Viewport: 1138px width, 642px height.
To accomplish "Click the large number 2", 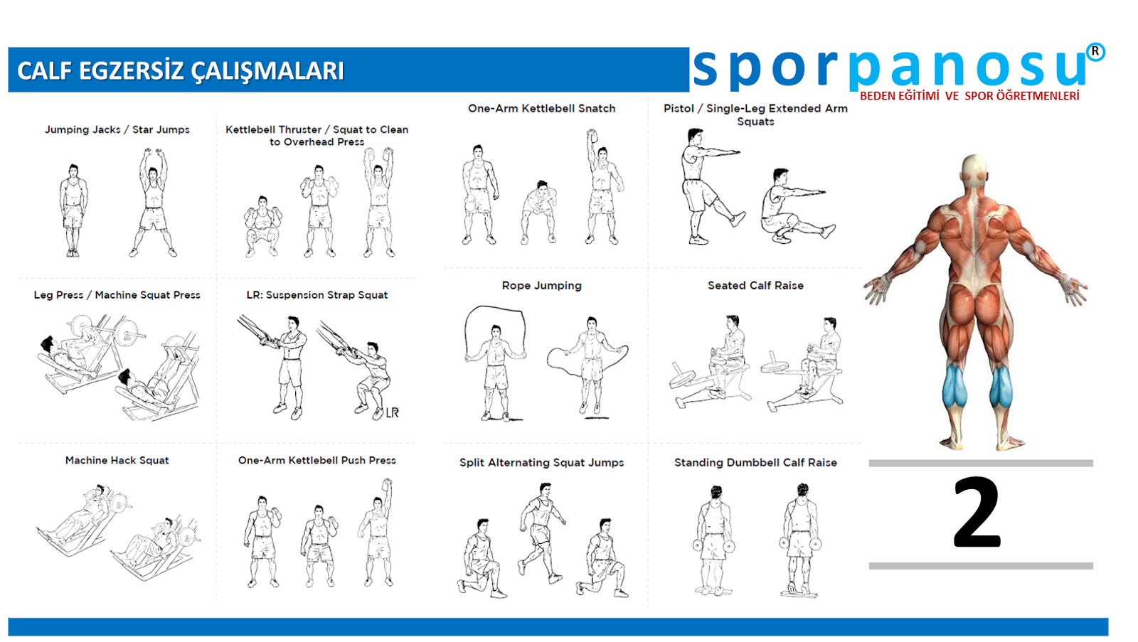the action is point(977,513).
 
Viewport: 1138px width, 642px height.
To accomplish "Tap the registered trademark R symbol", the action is point(1095,52).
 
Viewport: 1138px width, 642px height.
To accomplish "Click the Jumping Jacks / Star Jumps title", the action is point(117,129).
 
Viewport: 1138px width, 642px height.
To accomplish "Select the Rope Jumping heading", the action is point(541,285).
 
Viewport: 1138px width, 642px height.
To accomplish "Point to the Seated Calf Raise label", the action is point(755,285).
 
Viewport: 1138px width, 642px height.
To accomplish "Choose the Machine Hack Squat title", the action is point(117,460).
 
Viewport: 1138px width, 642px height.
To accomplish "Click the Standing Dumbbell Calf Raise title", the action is point(755,463).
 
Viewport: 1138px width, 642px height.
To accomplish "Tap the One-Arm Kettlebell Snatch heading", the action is point(541,108).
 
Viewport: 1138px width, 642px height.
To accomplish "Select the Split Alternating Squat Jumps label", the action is point(541,463).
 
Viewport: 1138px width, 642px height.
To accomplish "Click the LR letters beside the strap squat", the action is point(392,412).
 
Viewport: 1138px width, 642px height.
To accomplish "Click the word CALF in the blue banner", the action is point(45,70).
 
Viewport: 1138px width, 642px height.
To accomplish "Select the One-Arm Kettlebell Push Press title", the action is point(317,460).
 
